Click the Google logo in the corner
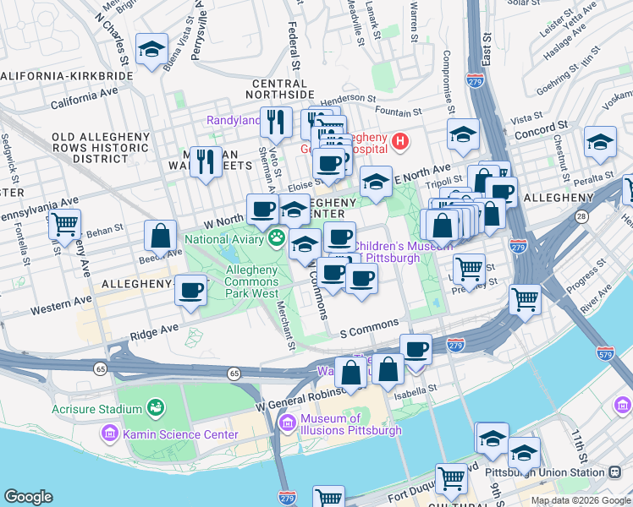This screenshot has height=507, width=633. pos(28,497)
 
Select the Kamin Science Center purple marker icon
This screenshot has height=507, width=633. pos(109,434)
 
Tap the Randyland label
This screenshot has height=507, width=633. pos(234,121)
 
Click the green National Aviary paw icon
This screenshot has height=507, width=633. pos(276,239)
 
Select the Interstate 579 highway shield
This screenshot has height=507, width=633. pos(605,353)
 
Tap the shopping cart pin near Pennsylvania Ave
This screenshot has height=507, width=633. pos(64,225)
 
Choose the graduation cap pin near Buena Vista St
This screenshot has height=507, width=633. pos(151,50)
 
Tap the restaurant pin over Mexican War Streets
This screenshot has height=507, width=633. pos(206,161)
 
